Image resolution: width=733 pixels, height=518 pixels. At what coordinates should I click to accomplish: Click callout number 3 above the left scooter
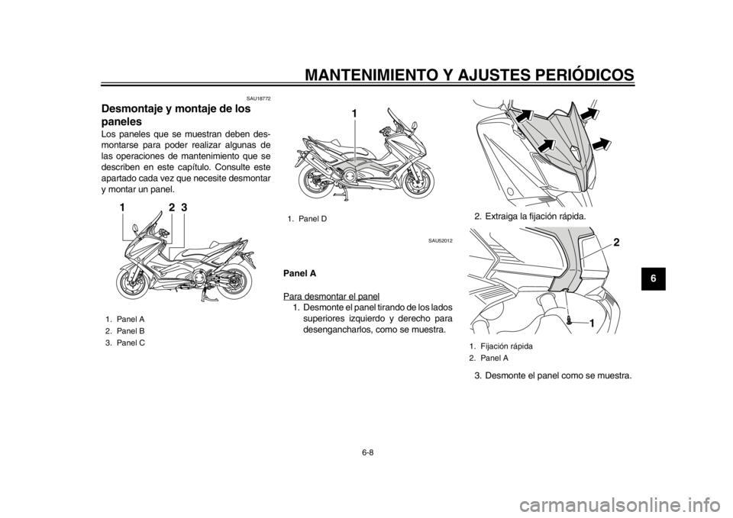[x=184, y=208]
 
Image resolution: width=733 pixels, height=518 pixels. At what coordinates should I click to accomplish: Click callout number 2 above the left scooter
[x=172, y=208]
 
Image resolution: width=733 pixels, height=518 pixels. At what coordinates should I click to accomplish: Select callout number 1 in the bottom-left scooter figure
[x=123, y=208]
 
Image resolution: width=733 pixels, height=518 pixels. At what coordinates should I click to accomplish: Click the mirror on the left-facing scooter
[x=134, y=227]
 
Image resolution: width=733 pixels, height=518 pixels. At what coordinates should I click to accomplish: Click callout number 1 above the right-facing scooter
[x=355, y=113]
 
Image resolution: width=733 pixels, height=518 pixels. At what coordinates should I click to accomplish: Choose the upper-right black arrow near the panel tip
[x=589, y=113]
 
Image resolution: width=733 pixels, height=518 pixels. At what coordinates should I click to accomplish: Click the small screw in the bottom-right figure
[x=570, y=323]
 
